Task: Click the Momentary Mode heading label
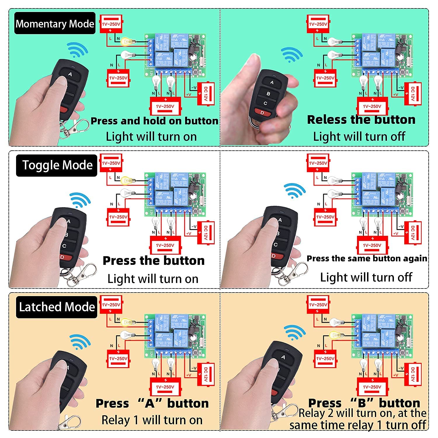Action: click(55, 24)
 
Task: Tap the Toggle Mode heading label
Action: click(57, 165)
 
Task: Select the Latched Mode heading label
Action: click(57, 307)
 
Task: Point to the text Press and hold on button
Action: click(154, 121)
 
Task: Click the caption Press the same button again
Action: click(367, 258)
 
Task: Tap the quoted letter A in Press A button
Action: click(150, 403)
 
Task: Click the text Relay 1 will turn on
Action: click(152, 420)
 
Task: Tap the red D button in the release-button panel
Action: click(261, 112)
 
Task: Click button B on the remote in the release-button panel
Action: click(268, 93)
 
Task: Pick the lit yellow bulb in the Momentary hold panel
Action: click(127, 41)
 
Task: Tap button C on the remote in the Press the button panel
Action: click(65, 246)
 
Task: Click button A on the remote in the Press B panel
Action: click(283, 357)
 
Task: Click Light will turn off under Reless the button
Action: click(359, 137)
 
